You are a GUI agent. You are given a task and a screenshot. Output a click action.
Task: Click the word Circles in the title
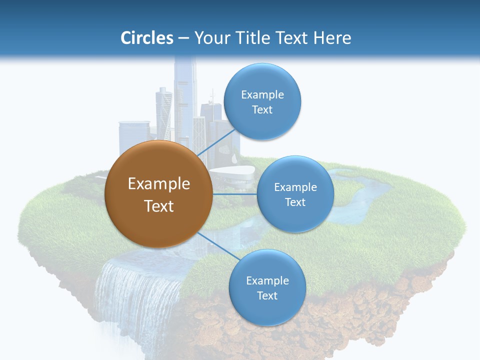click(146, 38)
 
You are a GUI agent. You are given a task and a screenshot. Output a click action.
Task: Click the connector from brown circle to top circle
click(217, 141)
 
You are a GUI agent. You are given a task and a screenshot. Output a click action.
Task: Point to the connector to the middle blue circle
click(234, 194)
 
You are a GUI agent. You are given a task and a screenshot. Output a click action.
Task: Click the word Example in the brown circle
click(158, 183)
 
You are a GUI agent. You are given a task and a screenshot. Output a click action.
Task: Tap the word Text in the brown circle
click(158, 205)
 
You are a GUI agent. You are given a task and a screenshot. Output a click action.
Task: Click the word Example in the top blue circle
click(262, 94)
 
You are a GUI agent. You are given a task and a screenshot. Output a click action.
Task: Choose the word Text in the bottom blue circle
click(267, 295)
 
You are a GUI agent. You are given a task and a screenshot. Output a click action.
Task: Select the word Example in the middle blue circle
click(295, 187)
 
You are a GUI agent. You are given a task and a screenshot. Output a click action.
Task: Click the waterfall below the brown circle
click(135, 295)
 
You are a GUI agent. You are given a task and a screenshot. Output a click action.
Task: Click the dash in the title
click(183, 38)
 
